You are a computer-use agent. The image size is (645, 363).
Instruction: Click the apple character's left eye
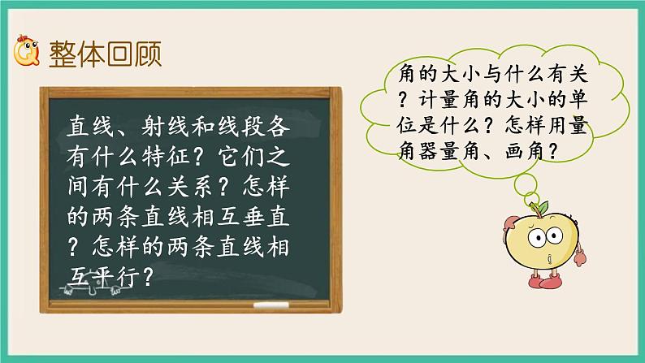(538, 239)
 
